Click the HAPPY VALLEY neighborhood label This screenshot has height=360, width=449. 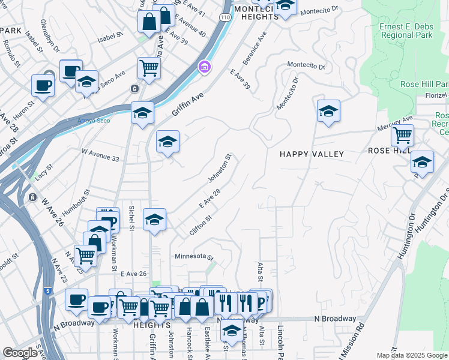(x=312, y=154)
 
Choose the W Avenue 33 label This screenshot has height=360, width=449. (x=100, y=157)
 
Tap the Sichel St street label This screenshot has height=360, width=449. (x=131, y=218)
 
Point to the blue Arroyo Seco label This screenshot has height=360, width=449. (x=94, y=121)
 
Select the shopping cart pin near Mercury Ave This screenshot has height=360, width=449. (x=402, y=135)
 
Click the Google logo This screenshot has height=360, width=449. (x=20, y=353)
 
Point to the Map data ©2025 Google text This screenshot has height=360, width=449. (x=412, y=355)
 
